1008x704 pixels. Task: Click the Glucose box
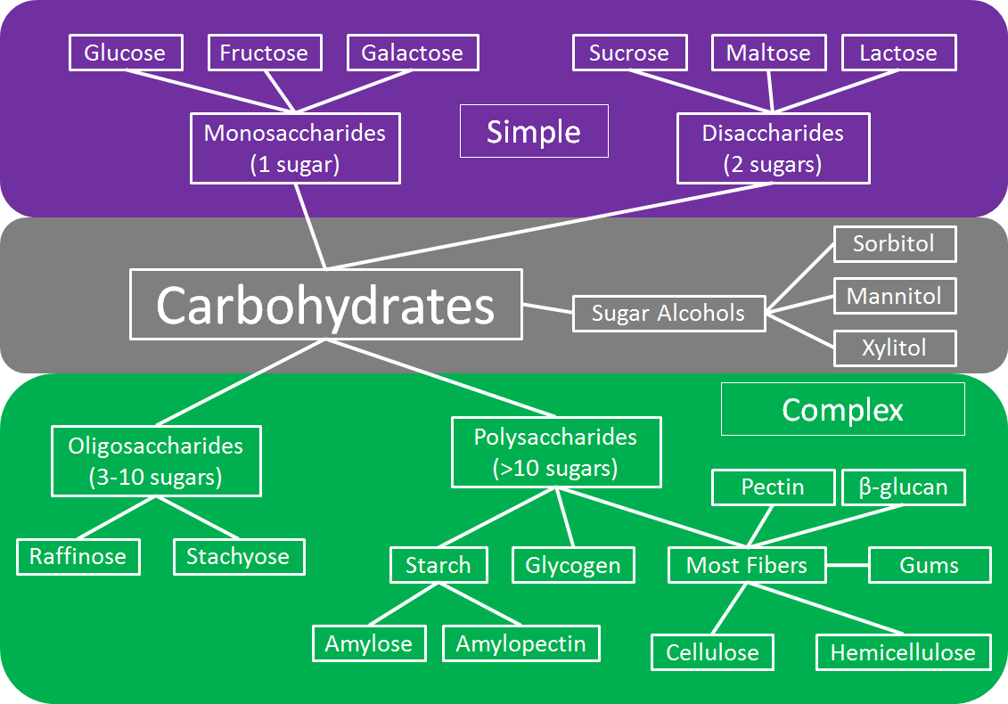(125, 53)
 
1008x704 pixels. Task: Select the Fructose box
(264, 53)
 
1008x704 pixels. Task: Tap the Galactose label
(412, 53)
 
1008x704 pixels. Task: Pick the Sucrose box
(629, 53)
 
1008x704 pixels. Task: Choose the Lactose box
(898, 53)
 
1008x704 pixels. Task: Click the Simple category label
(533, 132)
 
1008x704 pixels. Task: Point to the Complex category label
(842, 409)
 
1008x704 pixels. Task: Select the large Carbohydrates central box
(325, 305)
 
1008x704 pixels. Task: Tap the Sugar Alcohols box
(668, 314)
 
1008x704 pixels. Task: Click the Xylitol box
(894, 348)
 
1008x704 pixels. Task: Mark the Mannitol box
(894, 296)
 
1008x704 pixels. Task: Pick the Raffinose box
(78, 557)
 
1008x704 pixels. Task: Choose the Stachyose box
(238, 557)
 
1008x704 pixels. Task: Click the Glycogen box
(573, 565)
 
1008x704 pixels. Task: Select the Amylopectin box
(521, 643)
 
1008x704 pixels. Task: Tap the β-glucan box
(903, 487)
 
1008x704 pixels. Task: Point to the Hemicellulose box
(903, 652)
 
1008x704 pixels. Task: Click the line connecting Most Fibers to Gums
(847, 565)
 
